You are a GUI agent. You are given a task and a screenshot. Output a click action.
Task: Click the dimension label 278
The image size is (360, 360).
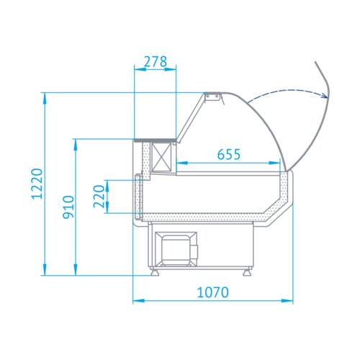point(156,61)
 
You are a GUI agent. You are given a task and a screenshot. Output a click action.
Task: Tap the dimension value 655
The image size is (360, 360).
point(229,154)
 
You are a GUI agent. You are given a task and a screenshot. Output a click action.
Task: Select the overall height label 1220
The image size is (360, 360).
point(37,184)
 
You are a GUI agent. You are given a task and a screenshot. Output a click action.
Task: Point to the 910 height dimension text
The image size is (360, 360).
point(68,207)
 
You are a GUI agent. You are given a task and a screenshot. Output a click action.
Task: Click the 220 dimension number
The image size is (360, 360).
point(99,197)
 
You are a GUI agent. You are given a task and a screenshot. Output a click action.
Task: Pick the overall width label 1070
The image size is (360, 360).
point(213,292)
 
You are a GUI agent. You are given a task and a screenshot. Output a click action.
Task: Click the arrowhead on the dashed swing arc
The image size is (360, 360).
point(325,96)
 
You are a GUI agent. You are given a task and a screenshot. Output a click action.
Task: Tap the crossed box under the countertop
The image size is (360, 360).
point(162,157)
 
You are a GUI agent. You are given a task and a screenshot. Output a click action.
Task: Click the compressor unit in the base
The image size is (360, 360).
point(176,249)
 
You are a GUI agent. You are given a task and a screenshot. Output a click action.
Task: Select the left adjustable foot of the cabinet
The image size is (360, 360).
point(155,272)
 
